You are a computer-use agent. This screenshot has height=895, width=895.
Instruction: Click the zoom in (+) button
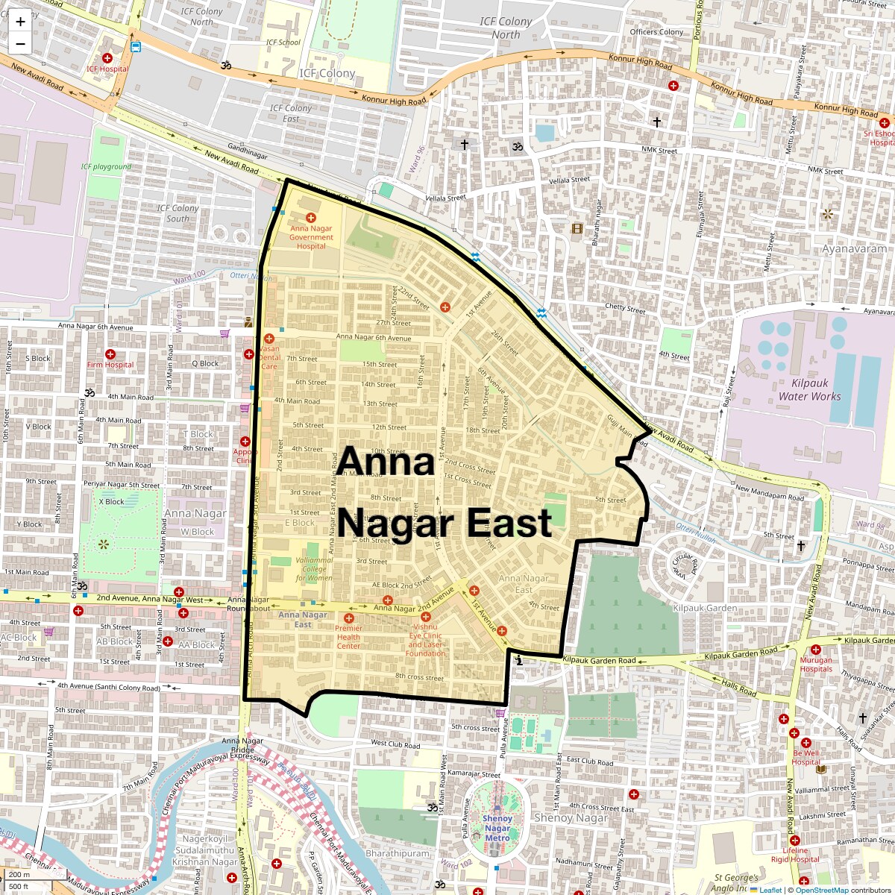pos(20,22)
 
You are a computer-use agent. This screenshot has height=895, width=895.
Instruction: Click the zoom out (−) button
pos(20,43)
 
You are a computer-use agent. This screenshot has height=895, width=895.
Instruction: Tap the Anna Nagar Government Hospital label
pos(311,237)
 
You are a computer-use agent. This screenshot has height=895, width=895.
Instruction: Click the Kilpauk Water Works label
pos(809,389)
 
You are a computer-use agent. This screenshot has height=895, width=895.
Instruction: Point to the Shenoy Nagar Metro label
pos(497,828)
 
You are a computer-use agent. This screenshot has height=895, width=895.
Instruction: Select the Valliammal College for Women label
pos(314,569)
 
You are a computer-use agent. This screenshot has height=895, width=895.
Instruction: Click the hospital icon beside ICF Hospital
pos(107,58)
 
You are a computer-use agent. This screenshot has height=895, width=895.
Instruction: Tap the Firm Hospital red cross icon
pos(110,354)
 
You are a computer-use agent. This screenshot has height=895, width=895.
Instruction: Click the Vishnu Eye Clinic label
pos(425,640)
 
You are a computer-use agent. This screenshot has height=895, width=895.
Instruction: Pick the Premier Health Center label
pos(348,637)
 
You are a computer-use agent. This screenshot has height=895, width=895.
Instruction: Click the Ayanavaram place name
pos(854,248)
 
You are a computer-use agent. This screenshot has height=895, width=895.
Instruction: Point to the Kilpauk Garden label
pos(705,608)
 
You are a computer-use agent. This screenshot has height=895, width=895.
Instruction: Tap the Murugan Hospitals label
pos(816,665)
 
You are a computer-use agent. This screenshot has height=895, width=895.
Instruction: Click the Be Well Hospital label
pos(805,757)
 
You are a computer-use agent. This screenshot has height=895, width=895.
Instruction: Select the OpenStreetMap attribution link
pos(822,890)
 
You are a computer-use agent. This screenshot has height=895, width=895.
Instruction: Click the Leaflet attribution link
pos(770,890)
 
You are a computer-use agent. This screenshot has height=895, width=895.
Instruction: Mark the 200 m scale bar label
pos(19,874)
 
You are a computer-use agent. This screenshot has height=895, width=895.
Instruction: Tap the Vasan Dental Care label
pos(269,357)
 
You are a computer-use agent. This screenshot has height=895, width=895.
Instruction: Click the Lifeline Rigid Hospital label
pos(795,855)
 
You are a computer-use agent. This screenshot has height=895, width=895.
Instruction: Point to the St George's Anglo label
pos(735,883)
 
